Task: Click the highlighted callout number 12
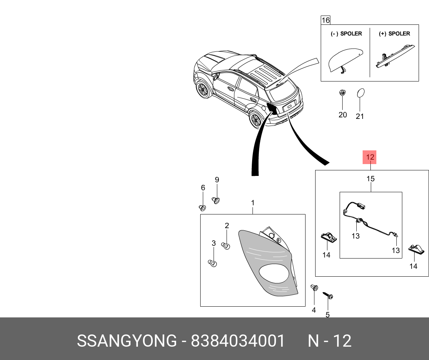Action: (370, 157)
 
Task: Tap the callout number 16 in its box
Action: (325, 20)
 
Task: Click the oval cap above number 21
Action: (360, 93)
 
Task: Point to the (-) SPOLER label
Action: (346, 34)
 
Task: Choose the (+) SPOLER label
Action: (394, 34)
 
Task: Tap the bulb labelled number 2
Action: (226, 245)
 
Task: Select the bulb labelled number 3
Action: (213, 263)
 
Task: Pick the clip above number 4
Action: (314, 288)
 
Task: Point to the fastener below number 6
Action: (202, 207)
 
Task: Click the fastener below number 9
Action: (216, 200)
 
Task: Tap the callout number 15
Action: (370, 179)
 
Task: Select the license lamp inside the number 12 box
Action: (328, 237)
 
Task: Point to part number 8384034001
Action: (238, 341)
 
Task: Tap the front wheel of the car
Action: (203, 90)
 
